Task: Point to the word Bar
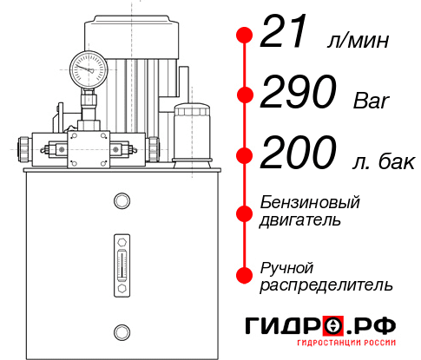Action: (372, 101)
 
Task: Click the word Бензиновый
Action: (310, 202)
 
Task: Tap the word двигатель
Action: (300, 219)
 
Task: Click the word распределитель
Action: (326, 284)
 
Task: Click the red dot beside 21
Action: (245, 36)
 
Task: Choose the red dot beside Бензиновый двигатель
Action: (245, 211)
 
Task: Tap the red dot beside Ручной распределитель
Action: (245, 274)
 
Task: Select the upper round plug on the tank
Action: (122, 202)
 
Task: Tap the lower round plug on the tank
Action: (122, 330)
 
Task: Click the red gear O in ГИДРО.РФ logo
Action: (332, 325)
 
